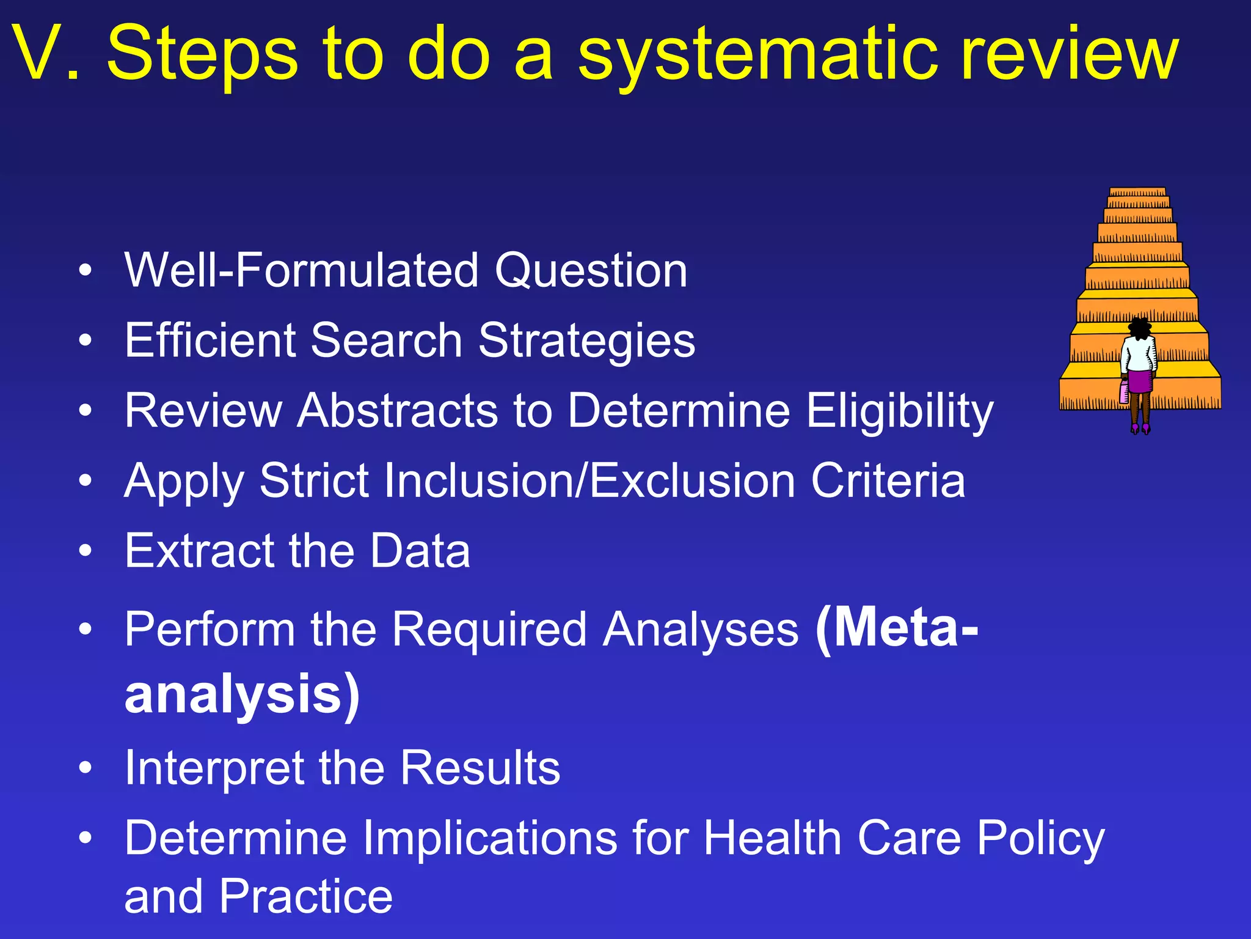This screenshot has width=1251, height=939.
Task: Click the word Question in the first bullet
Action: click(591, 271)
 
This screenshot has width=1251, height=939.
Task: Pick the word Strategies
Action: click(586, 341)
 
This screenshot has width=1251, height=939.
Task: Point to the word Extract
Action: click(199, 550)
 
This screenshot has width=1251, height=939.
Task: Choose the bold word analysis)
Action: click(242, 694)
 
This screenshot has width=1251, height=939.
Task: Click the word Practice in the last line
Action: click(305, 896)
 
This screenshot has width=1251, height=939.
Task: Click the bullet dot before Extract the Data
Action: click(86, 550)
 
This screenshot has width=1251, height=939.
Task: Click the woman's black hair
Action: click(1139, 328)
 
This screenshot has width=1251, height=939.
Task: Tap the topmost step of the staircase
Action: click(1137, 192)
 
